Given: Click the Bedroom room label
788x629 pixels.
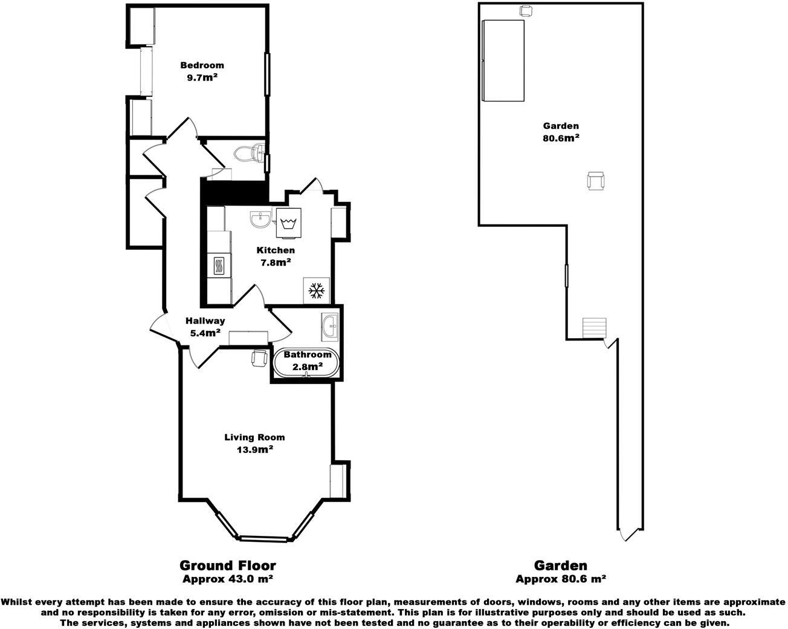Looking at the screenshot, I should [x=202, y=65].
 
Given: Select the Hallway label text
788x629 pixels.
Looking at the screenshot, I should [x=205, y=321].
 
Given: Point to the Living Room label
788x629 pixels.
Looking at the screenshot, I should [x=254, y=437].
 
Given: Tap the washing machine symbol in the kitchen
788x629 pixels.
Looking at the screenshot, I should [x=288, y=224].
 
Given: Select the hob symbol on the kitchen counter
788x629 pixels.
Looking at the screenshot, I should [x=219, y=266].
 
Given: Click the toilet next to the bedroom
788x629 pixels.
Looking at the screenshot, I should [x=249, y=154].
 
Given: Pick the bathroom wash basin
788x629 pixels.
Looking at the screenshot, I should [x=330, y=326].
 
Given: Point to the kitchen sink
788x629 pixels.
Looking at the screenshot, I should [x=260, y=219].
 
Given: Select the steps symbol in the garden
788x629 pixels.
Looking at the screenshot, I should [x=594, y=328].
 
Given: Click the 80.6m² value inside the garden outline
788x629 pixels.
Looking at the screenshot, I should [x=561, y=138].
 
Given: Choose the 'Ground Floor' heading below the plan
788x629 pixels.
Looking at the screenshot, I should [x=227, y=565].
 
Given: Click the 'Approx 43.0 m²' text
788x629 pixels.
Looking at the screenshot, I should [x=227, y=579].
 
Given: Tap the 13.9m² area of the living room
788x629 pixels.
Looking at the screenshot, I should [x=254, y=449].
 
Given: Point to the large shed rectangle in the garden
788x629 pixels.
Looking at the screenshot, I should [x=503, y=60].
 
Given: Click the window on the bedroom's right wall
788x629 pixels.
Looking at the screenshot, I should [x=266, y=74].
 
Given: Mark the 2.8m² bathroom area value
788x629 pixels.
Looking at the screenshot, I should [x=308, y=367].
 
